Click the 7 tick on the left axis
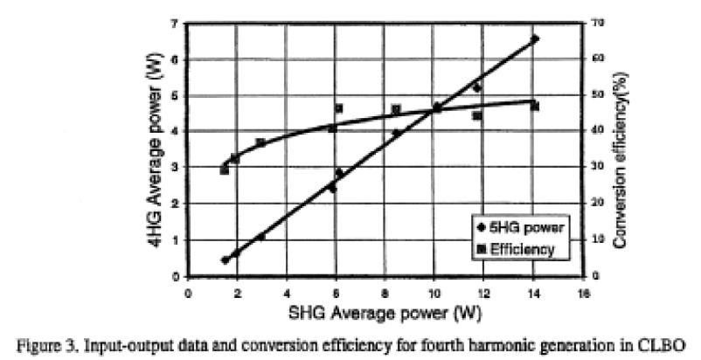(176, 23)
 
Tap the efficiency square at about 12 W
(477, 115)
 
